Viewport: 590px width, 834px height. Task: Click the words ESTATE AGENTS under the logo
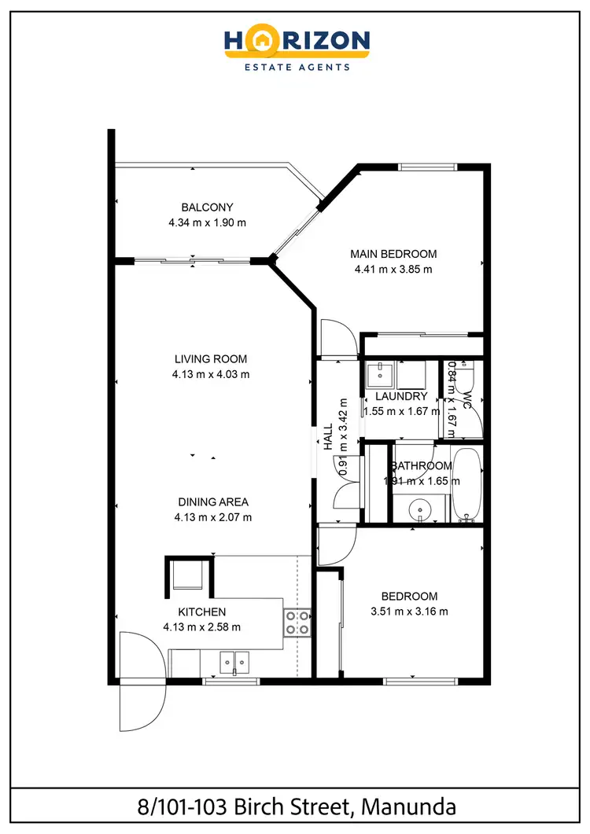[x=295, y=68]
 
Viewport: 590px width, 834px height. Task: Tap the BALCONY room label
[x=207, y=208]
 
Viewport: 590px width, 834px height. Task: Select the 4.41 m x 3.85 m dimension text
[x=393, y=269]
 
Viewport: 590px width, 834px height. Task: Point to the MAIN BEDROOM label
[x=393, y=254]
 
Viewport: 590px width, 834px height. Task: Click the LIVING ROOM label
[x=211, y=359]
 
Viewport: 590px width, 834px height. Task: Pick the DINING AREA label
[x=213, y=502]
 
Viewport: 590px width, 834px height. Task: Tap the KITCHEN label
[x=201, y=612]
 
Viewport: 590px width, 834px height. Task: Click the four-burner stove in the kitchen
[x=297, y=623]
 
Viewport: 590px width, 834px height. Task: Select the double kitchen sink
[x=233, y=663]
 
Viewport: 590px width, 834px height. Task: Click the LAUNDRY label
[x=401, y=397]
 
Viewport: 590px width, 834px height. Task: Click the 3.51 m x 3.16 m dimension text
[x=409, y=612]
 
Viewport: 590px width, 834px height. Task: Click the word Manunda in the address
[x=414, y=806]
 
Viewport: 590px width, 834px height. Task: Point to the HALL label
[x=327, y=438]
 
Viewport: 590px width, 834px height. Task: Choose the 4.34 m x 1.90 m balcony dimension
[x=207, y=222]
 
